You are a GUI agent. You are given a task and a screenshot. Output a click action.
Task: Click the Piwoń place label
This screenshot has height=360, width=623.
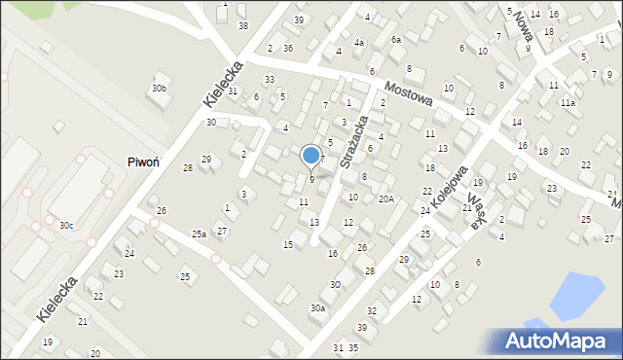[x=143, y=162]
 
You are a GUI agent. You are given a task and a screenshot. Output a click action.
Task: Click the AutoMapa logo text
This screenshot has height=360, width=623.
[x=560, y=341]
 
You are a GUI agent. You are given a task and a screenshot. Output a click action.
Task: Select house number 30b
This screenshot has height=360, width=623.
[x=159, y=89]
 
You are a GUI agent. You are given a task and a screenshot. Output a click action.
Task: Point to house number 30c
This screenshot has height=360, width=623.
[x=65, y=225]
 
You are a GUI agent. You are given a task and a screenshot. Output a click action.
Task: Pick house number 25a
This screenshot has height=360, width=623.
[x=199, y=234]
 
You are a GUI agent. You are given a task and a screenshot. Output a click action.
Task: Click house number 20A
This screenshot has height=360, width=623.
[x=386, y=199]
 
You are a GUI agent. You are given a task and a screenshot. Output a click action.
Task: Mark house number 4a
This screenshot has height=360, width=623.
[x=359, y=43]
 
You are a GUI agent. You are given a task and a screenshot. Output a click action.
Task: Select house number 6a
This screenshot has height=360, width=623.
[x=396, y=39]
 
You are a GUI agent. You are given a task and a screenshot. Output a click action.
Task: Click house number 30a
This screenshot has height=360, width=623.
[x=317, y=307]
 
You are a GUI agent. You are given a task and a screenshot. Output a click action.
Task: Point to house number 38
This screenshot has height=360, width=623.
[x=243, y=25]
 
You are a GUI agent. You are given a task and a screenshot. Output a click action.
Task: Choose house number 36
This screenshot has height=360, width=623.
[x=288, y=48]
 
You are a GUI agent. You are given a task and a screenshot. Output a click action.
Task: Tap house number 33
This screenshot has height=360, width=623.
[x=270, y=79]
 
